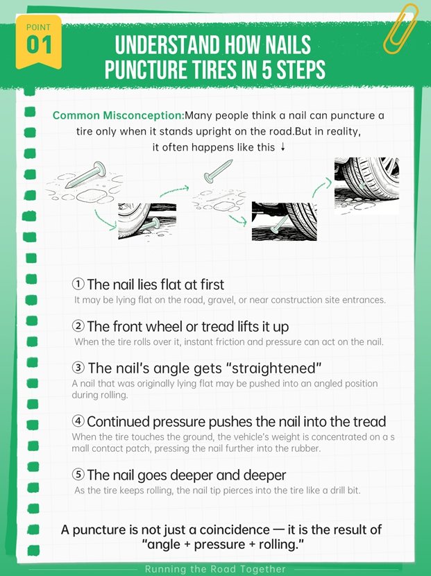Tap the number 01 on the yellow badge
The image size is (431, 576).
pyautogui.click(x=39, y=45)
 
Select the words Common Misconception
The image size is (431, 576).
pyautogui.click(x=118, y=115)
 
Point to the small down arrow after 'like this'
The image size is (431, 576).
pyautogui.click(x=282, y=147)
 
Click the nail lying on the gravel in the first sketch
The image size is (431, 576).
pyautogui.click(x=84, y=174)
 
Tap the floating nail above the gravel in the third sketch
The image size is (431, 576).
pyautogui.click(x=218, y=171)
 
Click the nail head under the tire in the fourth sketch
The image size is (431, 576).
pyautogui.click(x=275, y=230)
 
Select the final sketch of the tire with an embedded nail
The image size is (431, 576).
pyautogui.click(x=366, y=185)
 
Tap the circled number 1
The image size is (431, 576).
pyautogui.click(x=78, y=284)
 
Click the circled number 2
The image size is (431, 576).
pyautogui.click(x=78, y=326)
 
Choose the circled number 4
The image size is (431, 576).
pyautogui.click(x=78, y=421)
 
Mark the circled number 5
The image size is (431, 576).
pyautogui.click(x=78, y=474)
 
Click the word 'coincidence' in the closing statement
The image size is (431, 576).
pyautogui.click(x=235, y=530)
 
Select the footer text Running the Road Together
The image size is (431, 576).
pyautogui.click(x=215, y=569)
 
